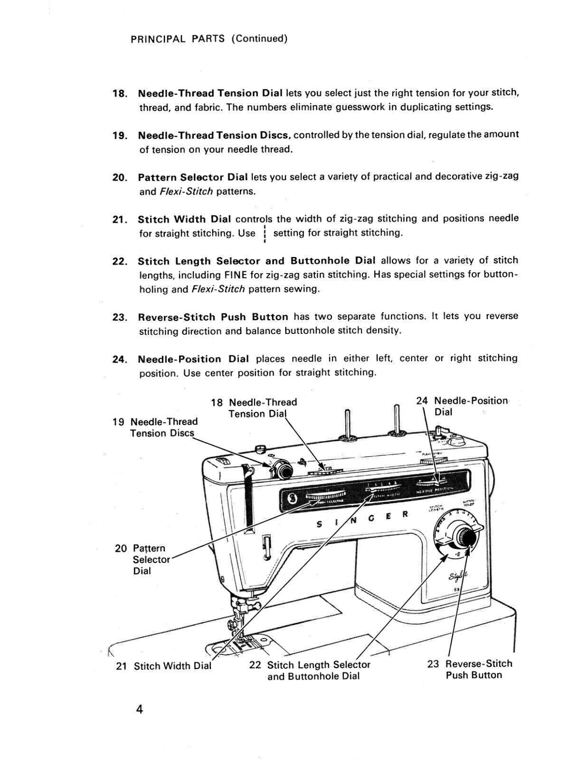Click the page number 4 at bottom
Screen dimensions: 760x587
(x=139, y=710)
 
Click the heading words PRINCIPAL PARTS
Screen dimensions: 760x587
(x=178, y=38)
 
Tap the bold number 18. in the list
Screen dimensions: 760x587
(x=120, y=93)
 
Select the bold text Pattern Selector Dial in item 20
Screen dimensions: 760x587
(x=193, y=177)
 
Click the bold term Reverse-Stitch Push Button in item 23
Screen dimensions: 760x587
(x=213, y=317)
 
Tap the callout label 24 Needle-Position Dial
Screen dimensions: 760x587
(x=462, y=406)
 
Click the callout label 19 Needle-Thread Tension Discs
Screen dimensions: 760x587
(x=156, y=427)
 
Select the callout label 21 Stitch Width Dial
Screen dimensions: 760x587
(x=164, y=666)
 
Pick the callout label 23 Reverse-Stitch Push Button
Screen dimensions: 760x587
(x=470, y=669)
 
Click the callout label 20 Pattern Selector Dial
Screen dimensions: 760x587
(x=142, y=560)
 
